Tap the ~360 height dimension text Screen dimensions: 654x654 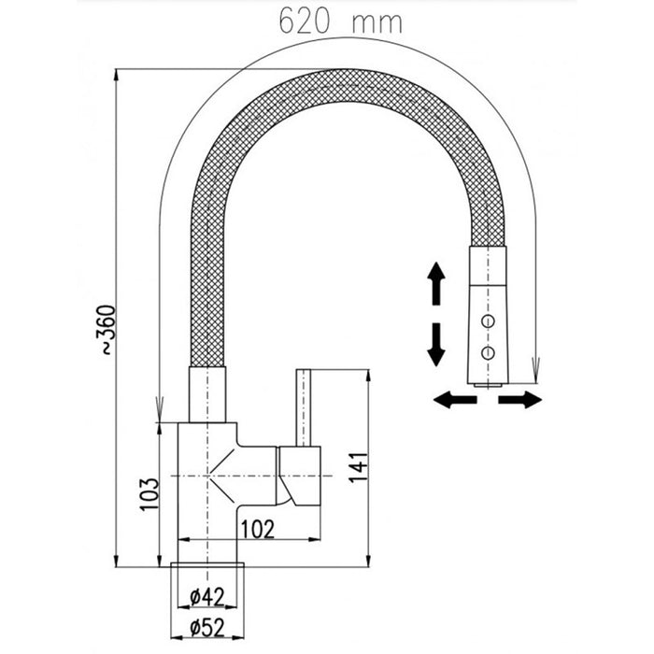107,330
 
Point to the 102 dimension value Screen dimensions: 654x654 257,528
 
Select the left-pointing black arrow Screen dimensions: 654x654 455,400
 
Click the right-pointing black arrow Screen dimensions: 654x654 519,400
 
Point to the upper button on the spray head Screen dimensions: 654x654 487,321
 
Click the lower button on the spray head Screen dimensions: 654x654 487,351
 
